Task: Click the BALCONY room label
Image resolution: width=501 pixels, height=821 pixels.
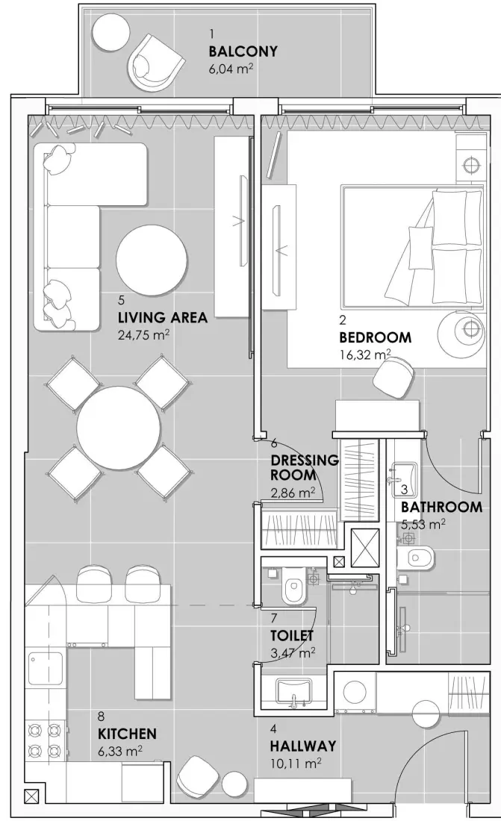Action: (243, 51)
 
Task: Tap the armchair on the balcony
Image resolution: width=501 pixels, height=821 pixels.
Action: (158, 64)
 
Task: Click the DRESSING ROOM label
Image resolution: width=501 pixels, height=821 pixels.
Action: (304, 467)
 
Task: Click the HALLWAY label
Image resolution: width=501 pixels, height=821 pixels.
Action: (302, 746)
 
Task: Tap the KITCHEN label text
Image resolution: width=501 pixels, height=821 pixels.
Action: (126, 734)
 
